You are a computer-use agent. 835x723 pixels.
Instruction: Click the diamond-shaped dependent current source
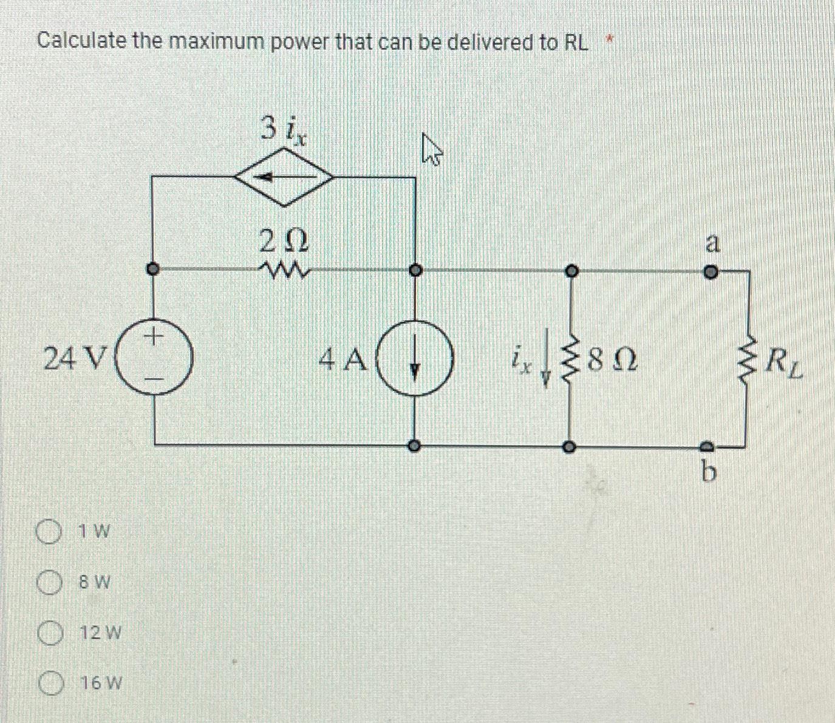[284, 178]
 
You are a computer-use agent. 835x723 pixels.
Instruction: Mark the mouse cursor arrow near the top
[431, 151]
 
